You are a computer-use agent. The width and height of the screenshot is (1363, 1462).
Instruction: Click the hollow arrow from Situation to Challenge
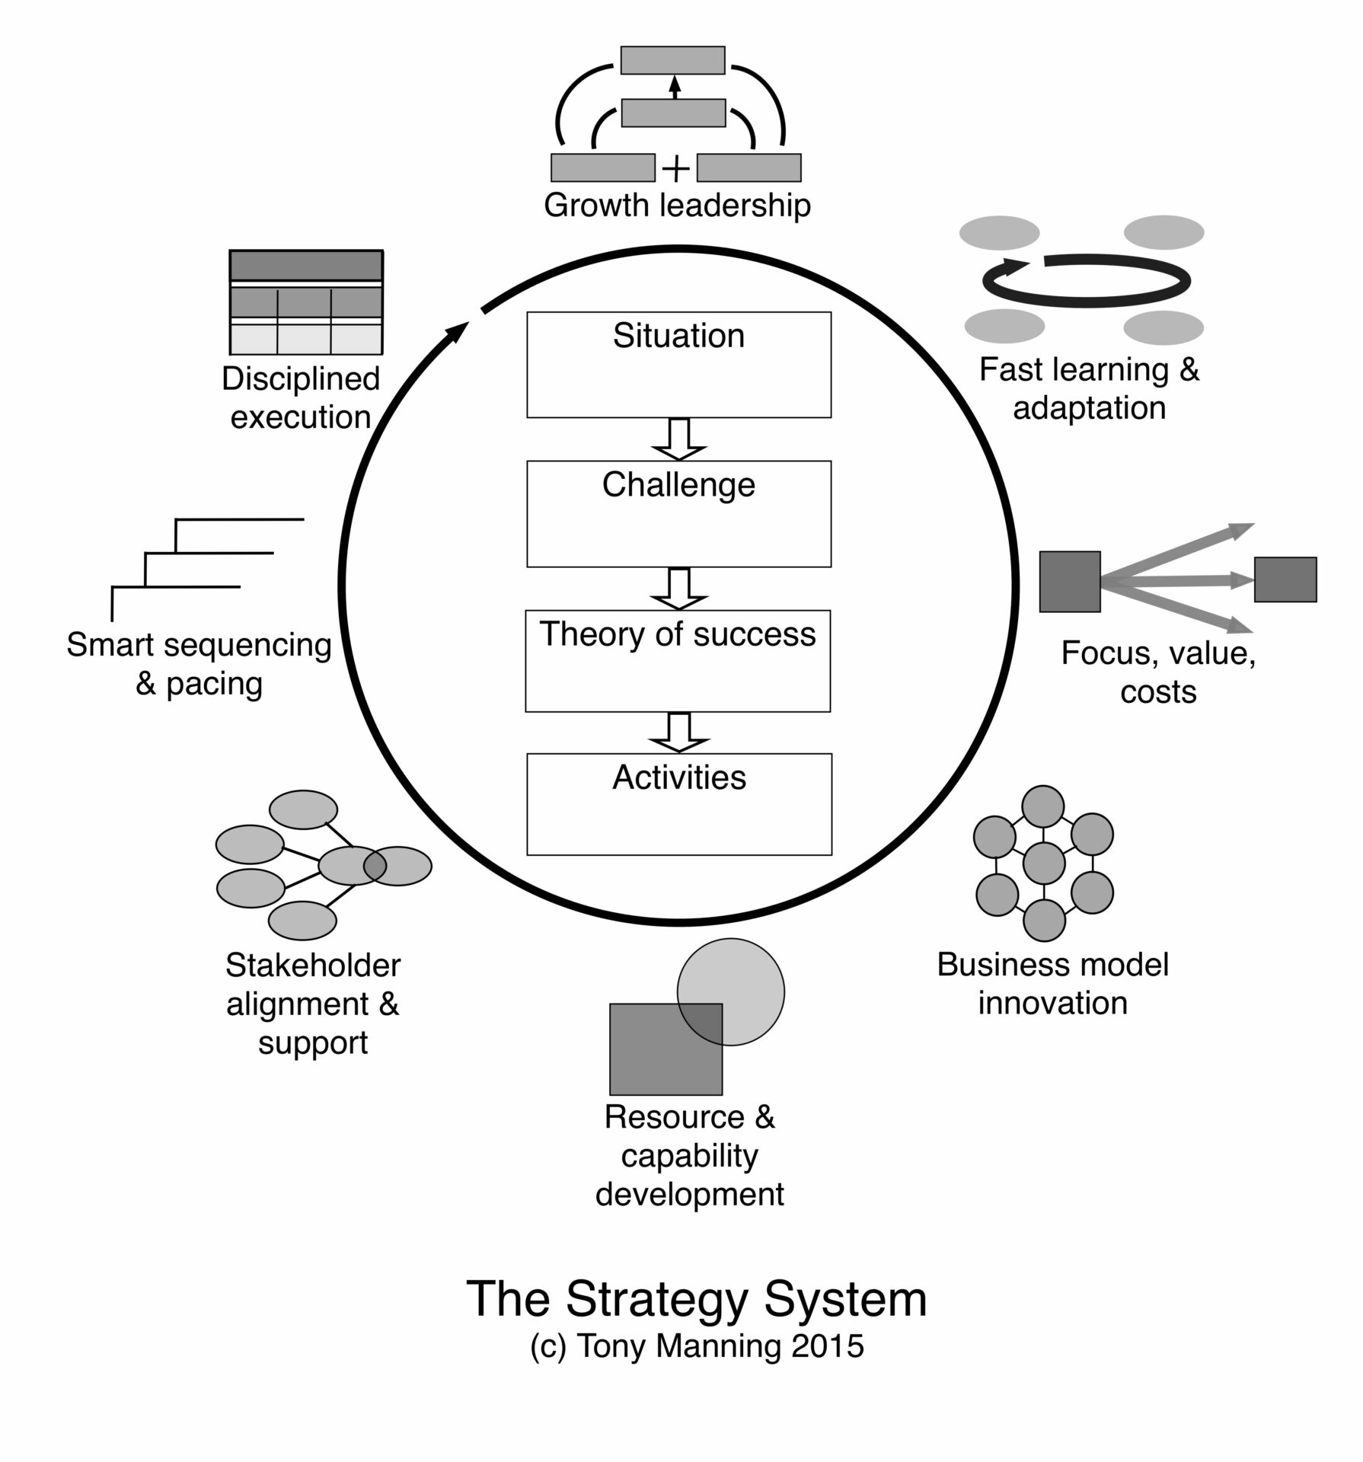[x=678, y=439]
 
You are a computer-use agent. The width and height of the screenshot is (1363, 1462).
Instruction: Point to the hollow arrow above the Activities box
[x=678, y=732]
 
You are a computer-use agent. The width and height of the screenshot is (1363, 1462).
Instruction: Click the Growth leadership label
[x=677, y=206]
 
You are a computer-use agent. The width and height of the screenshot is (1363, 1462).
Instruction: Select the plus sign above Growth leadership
[x=676, y=168]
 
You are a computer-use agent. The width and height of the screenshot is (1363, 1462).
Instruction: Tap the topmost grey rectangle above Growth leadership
[x=672, y=60]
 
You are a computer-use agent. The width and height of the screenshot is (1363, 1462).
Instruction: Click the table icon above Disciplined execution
[x=306, y=302]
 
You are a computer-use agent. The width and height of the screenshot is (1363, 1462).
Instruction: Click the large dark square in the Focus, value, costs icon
[x=1070, y=582]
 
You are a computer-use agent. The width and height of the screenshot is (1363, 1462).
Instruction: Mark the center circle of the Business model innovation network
[x=1044, y=863]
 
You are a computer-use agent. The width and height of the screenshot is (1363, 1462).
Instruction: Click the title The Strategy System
[x=696, y=1299]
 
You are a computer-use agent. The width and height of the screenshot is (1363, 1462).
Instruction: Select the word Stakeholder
[x=313, y=966]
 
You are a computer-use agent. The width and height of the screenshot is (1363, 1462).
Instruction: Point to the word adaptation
[x=1089, y=408]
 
